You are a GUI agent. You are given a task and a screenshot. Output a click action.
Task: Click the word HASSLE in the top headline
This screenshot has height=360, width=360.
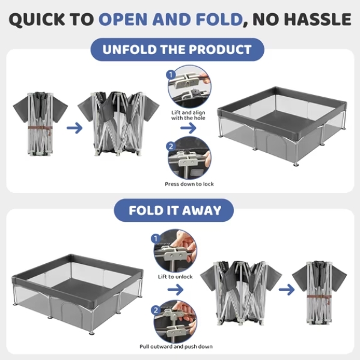coord(319,19)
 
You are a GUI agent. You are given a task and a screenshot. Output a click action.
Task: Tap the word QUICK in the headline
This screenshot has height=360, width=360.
coord(37,19)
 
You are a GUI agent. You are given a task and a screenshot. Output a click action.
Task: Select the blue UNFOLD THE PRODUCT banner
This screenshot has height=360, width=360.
coord(177,49)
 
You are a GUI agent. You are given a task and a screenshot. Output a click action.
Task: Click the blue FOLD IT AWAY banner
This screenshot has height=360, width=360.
coord(174,210)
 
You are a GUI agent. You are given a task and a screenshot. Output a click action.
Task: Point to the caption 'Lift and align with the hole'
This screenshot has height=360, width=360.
coord(188,115)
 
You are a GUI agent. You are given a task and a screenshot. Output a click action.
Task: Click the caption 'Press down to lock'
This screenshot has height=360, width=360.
coord(189,184)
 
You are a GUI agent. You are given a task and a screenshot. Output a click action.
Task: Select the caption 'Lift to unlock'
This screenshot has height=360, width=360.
coord(175,276)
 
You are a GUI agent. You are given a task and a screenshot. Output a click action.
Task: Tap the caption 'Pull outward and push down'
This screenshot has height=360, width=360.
coord(176,346)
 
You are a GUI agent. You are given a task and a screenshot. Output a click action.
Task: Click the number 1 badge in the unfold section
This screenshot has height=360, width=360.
coord(171,75)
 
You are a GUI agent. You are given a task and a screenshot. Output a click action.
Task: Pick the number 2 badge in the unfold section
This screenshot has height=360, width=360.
coord(171,146)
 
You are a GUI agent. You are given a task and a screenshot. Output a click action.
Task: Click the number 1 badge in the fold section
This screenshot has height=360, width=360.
coord(156,239)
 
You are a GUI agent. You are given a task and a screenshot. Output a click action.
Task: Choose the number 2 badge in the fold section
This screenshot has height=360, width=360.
coord(156,310)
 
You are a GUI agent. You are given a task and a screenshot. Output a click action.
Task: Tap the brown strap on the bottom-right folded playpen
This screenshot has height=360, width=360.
coord(319,297)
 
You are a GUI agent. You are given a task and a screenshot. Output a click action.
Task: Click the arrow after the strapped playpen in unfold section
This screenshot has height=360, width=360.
coord(75,128)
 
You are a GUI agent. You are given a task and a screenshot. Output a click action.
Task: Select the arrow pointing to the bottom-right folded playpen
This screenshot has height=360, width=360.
coord(287,290)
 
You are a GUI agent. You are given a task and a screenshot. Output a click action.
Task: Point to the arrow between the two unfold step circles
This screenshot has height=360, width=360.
coord(188,128)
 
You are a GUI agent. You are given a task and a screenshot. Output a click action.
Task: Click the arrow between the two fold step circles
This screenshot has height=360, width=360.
coord(175,290)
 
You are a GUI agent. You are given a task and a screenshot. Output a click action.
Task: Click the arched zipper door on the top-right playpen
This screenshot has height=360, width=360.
coord(273,143)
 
